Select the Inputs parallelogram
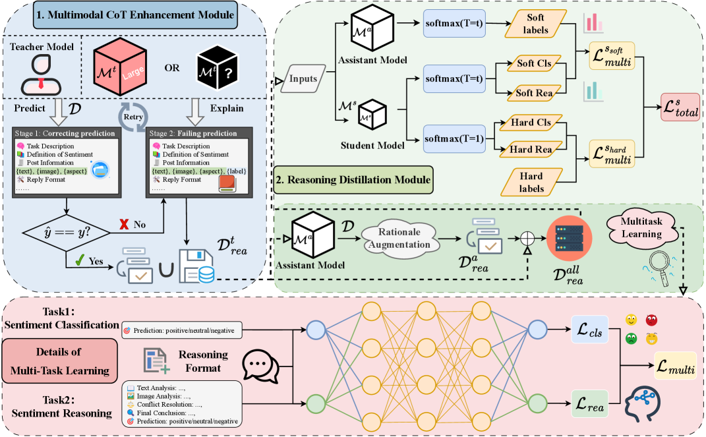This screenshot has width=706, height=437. coord(304,78)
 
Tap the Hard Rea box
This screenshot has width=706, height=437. coord(531,150)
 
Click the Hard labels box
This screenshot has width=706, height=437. coord(531,183)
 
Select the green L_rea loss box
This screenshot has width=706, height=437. coord(589,401)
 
